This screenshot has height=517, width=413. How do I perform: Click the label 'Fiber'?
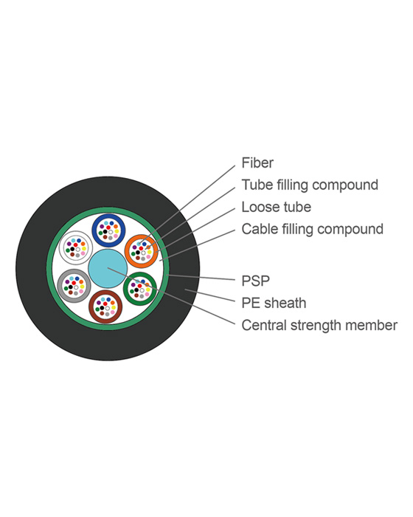click(257, 162)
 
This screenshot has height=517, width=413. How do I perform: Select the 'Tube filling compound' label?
click(310, 185)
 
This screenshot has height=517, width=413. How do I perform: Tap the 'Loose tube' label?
click(276, 207)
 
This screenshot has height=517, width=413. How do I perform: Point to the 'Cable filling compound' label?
click(312, 229)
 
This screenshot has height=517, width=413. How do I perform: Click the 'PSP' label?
click(255, 281)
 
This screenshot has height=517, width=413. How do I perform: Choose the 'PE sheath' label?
click(274, 303)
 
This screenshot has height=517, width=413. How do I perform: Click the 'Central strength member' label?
click(319, 325)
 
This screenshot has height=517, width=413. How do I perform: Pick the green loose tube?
click(142, 288)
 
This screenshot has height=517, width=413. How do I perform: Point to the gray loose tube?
click(74, 287)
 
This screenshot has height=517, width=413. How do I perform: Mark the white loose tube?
click(74, 249)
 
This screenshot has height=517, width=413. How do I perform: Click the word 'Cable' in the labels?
click(260, 229)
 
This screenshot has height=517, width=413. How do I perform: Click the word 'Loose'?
click(260, 207)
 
